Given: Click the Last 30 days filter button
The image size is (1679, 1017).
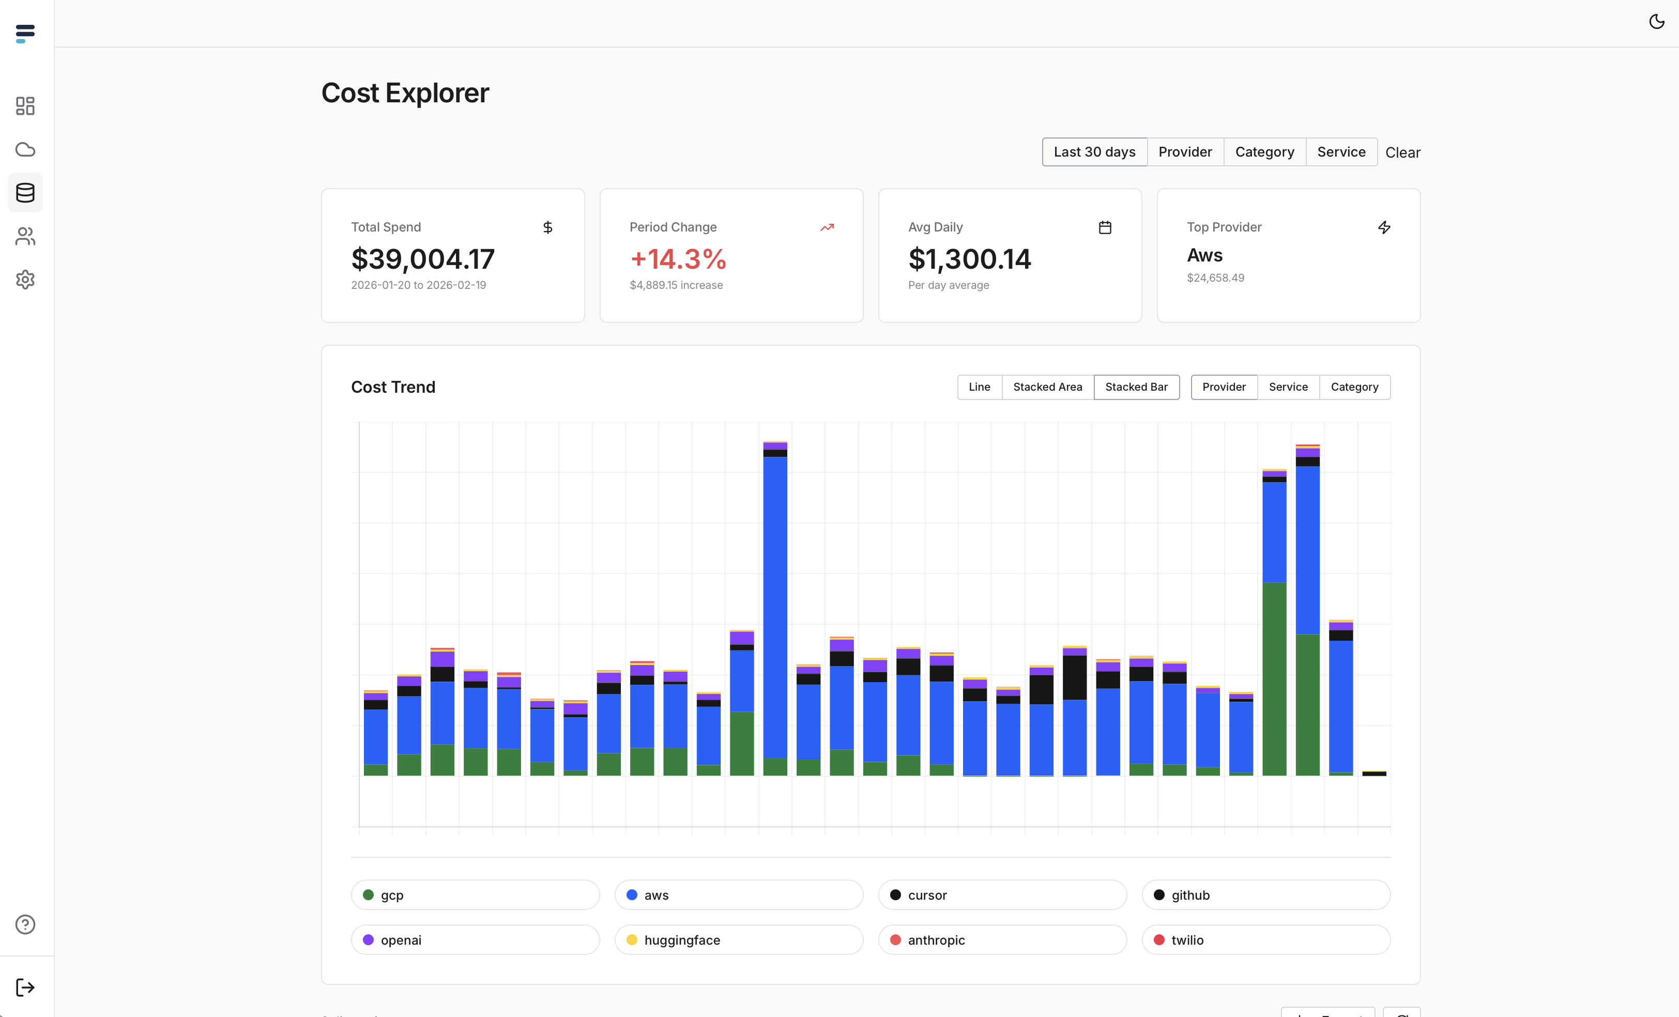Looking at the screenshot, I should click(x=1094, y=152).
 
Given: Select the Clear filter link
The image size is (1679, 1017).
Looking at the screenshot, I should click(x=1402, y=152).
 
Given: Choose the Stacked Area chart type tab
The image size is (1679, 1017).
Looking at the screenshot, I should click(x=1047, y=387).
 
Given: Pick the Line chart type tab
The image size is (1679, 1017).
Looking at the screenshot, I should click(x=979, y=387).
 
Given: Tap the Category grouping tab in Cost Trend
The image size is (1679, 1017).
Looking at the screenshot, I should click(x=1354, y=387).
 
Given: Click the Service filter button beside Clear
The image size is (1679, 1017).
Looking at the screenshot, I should click(x=1341, y=152).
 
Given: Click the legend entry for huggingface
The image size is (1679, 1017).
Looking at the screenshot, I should click(x=739, y=940).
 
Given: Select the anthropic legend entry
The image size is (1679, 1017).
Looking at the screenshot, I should click(x=1002, y=940).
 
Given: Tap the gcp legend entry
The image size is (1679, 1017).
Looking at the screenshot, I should click(x=475, y=895).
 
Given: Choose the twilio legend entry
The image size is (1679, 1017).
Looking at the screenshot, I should click(x=1265, y=940).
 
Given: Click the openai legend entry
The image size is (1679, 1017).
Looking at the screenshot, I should click(x=475, y=940).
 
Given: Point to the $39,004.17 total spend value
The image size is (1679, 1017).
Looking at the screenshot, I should click(x=422, y=259).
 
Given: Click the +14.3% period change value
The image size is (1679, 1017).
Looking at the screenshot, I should click(x=678, y=259).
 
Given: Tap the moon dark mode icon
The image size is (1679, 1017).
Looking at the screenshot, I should click(x=1656, y=22).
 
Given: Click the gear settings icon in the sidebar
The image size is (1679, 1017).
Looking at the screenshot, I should click(x=25, y=279).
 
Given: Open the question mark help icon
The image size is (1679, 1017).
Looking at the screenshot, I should click(x=25, y=924).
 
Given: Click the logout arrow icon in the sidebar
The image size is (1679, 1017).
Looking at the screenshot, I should click(x=25, y=987).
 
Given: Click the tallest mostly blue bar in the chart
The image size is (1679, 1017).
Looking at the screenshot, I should click(x=775, y=606).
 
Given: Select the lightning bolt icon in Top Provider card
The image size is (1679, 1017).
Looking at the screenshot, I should click(x=1383, y=227).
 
